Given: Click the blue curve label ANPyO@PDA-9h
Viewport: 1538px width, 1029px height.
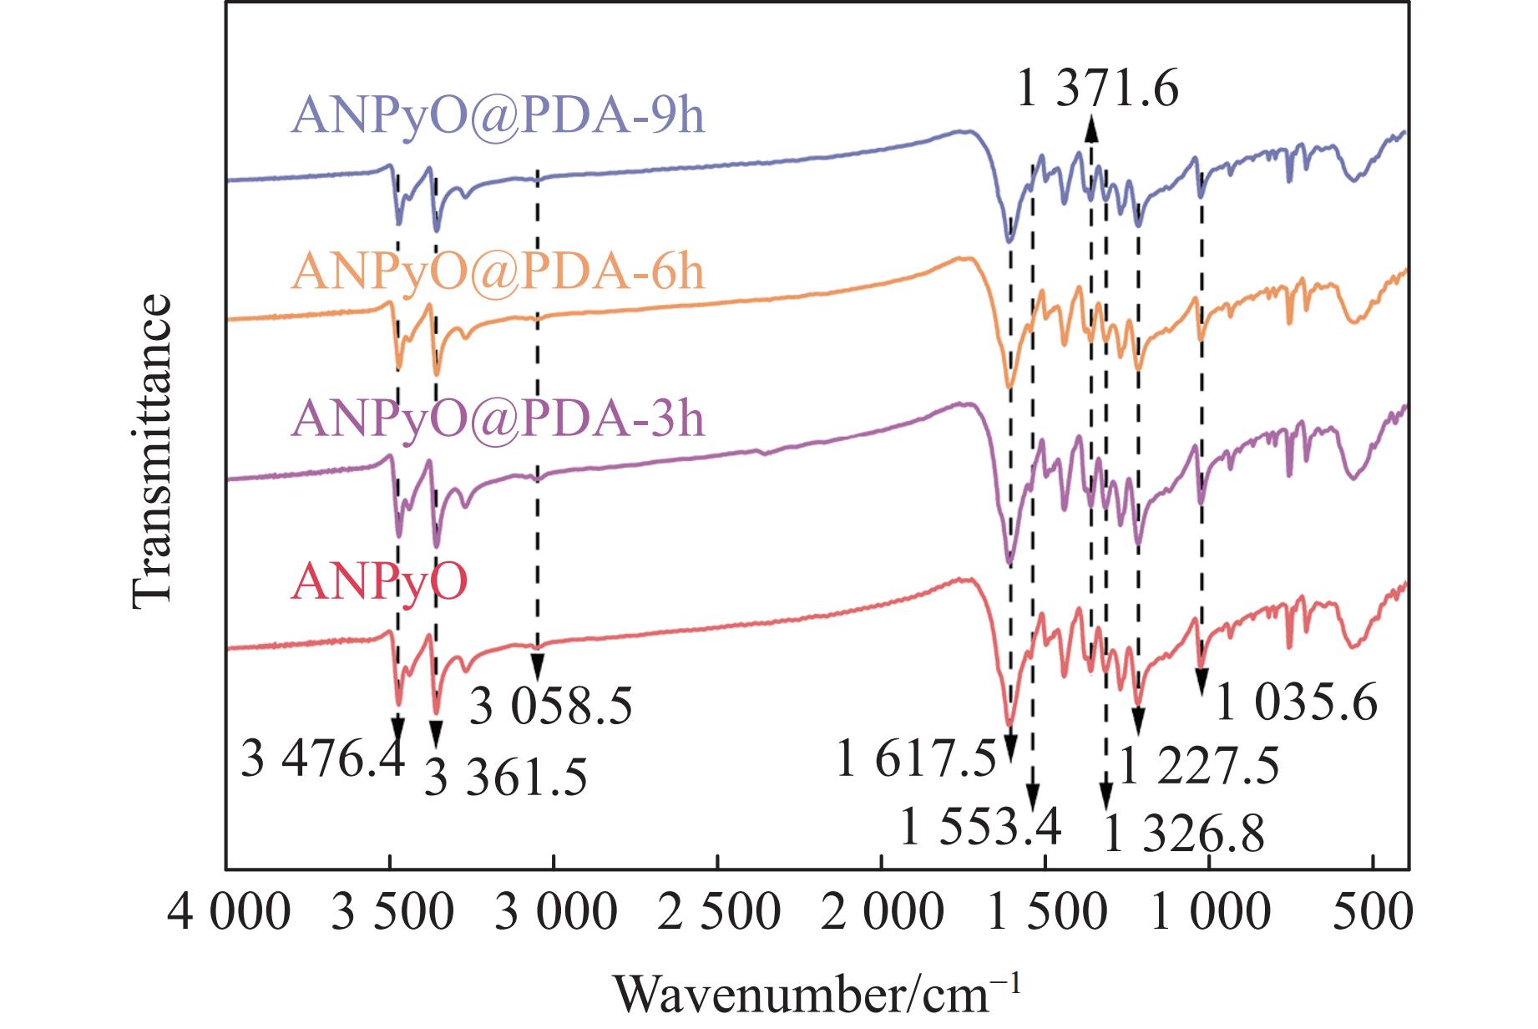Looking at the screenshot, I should (498, 115).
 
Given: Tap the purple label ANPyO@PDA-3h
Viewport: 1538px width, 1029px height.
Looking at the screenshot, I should (498, 418).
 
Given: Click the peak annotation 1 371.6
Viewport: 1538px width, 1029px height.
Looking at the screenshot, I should (1097, 88).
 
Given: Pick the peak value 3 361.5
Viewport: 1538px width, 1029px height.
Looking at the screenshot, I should (506, 778).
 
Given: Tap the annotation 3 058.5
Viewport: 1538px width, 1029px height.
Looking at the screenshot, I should (551, 707).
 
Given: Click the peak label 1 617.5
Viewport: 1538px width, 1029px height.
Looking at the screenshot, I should (916, 761).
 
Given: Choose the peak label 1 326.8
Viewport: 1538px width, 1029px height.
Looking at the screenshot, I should (1183, 834).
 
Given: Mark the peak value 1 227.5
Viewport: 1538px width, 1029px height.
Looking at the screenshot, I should (1198, 766).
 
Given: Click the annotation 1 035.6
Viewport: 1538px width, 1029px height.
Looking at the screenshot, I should (1296, 702).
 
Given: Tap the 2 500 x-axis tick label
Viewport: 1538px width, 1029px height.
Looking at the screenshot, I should (719, 912).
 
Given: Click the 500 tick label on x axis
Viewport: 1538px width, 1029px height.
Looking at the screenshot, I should (1373, 912).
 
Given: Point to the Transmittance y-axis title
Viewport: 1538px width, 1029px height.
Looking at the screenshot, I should (152, 451).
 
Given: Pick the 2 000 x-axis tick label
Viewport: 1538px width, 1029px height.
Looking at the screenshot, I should (883, 912).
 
